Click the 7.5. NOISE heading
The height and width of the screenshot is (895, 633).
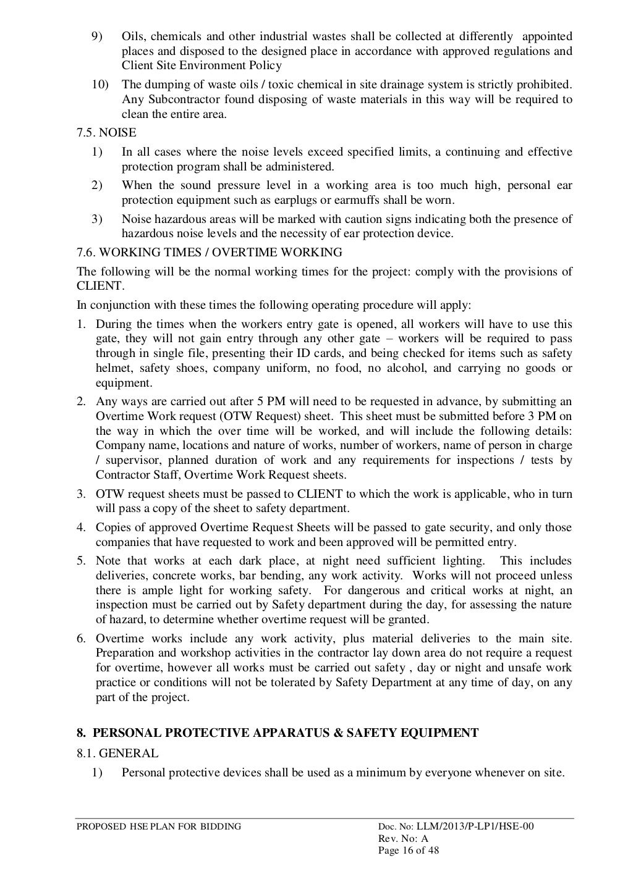point(106,133)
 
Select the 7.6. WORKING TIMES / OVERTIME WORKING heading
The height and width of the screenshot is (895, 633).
point(209,252)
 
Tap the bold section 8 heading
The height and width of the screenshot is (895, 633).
point(278,733)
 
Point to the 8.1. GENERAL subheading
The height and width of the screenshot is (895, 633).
point(117,753)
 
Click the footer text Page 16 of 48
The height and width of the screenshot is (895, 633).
point(408,850)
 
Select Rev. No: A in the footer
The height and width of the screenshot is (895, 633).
point(402,838)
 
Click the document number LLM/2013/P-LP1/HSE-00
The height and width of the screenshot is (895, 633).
point(475,826)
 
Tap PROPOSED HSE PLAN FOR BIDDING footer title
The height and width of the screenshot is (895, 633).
point(159,827)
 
